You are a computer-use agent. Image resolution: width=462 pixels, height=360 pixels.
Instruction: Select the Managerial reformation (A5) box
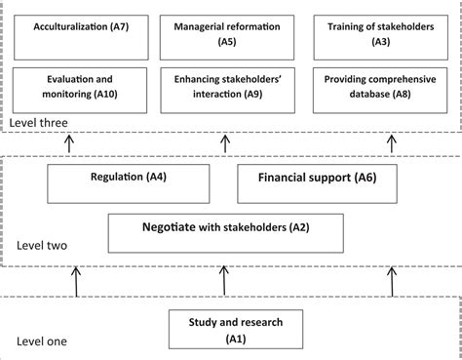click(227, 34)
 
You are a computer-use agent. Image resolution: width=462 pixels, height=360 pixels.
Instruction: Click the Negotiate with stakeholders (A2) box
click(225, 231)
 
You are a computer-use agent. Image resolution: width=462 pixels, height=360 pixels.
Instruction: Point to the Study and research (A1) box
click(225, 330)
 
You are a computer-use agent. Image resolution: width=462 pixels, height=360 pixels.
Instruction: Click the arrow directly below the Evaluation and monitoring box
click(67, 143)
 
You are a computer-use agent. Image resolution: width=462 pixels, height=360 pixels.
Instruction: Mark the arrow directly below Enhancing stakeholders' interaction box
click(225, 143)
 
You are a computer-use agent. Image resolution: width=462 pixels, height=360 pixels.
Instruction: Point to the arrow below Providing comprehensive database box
click(393, 143)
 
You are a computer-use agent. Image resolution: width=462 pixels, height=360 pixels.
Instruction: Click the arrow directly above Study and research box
click(225, 282)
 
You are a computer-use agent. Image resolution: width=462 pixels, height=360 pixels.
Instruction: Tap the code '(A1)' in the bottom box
click(225, 338)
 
